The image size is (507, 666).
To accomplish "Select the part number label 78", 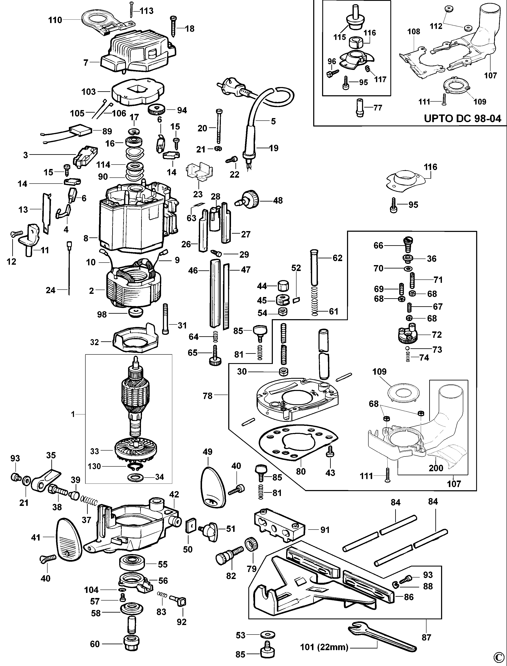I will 208,396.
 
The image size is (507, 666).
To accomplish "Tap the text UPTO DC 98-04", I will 462,118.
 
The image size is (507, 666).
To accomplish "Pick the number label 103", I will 88,92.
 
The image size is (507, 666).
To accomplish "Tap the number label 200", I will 436,468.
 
